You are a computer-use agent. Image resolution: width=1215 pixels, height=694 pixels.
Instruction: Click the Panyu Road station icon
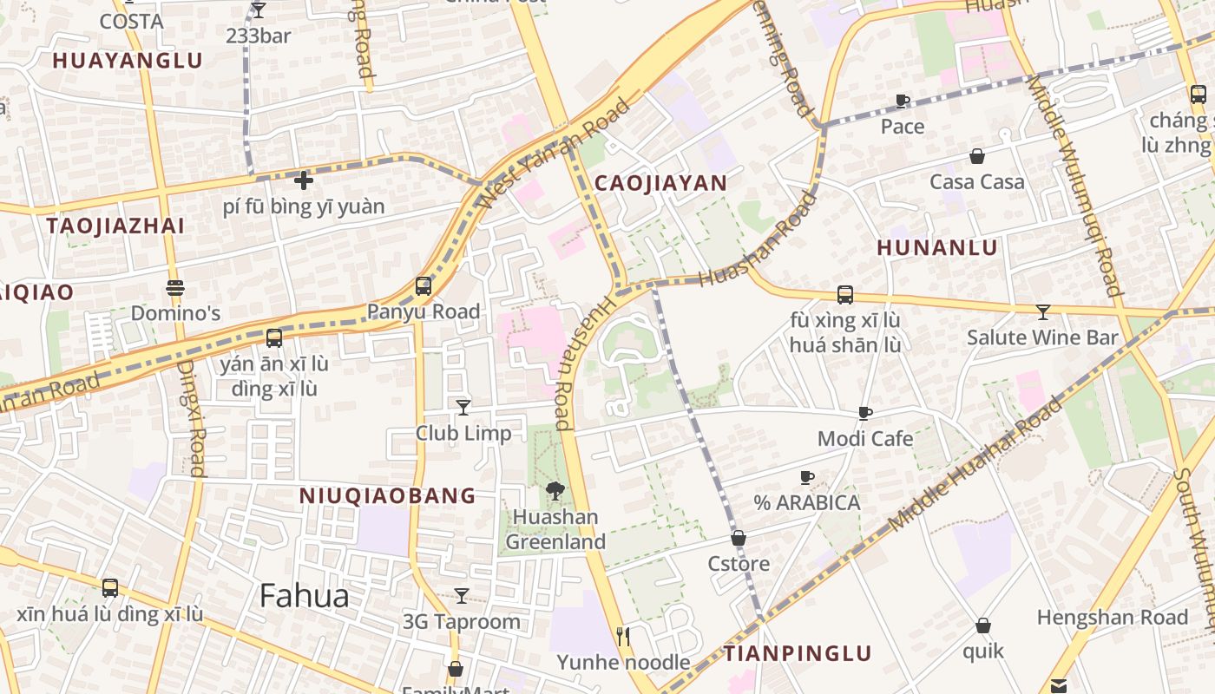pyautogui.click(x=424, y=285)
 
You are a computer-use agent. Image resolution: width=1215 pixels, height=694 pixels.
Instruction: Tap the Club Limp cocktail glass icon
pyautogui.click(x=463, y=407)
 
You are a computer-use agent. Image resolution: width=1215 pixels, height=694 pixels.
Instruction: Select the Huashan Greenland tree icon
pyautogui.click(x=555, y=491)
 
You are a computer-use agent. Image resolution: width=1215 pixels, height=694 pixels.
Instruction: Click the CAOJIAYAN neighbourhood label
pyautogui.click(x=660, y=183)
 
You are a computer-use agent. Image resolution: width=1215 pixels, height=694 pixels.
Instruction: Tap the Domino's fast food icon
pyautogui.click(x=175, y=287)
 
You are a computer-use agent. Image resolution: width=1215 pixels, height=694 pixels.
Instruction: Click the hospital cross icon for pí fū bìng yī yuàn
pyautogui.click(x=303, y=180)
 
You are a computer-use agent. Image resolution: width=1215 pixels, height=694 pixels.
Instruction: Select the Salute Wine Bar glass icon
pyautogui.click(x=1043, y=311)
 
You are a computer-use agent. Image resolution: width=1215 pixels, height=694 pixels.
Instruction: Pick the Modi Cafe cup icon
pyautogui.click(x=864, y=413)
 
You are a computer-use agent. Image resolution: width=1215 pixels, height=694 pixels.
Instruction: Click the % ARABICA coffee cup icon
pyautogui.click(x=806, y=477)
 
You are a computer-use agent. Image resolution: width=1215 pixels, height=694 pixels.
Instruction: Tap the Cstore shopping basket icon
pyautogui.click(x=739, y=538)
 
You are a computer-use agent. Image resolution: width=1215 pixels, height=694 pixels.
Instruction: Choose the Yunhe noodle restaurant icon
pyautogui.click(x=623, y=637)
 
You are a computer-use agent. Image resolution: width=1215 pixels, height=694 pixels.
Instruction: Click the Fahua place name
pyautogui.click(x=305, y=596)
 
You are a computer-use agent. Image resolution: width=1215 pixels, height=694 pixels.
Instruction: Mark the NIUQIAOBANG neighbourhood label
pyautogui.click(x=388, y=496)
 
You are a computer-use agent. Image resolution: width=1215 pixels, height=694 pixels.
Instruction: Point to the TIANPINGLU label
pyautogui.click(x=798, y=653)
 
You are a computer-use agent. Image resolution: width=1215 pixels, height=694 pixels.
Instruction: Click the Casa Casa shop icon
pyautogui.click(x=977, y=156)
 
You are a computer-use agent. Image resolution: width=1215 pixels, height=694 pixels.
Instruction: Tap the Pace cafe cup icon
pyautogui.click(x=903, y=101)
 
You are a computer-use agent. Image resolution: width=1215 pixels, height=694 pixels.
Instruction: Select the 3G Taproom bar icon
pyautogui.click(x=462, y=596)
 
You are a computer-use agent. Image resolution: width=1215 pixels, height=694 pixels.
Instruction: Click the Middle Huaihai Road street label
pyautogui.click(x=975, y=465)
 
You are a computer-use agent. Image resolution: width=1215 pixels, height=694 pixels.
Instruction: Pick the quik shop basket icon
pyautogui.click(x=983, y=625)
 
